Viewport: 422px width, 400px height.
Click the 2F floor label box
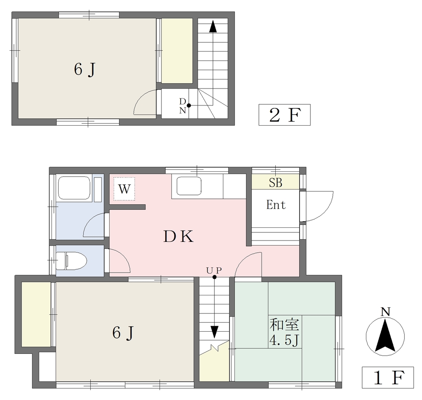pyautogui.click(x=284, y=115)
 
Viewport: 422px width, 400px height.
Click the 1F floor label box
pyautogui.click(x=387, y=377)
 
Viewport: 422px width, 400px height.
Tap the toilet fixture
pyautogui.click(x=71, y=261)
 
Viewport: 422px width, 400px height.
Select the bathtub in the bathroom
pyautogui.click(x=74, y=188)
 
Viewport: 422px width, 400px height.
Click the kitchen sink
pyautogui.click(x=189, y=186)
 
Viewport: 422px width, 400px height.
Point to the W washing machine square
pyautogui.click(x=124, y=189)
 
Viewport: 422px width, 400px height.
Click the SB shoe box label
pyautogui.click(x=276, y=183)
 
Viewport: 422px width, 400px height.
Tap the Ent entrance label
pyautogui.click(x=276, y=205)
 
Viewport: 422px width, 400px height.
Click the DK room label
pyautogui.click(x=178, y=237)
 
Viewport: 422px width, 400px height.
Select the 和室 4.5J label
pyautogui.click(x=284, y=333)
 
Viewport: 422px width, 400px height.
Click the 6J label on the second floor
pyautogui.click(x=85, y=70)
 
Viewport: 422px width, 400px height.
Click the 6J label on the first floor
pyautogui.click(x=123, y=333)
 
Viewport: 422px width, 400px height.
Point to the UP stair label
pyautogui.click(x=214, y=270)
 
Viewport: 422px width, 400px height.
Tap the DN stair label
pyautogui.click(x=183, y=106)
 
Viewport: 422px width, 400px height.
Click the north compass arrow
pyautogui.click(x=385, y=335)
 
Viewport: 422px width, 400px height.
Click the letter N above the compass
pyautogui.click(x=385, y=312)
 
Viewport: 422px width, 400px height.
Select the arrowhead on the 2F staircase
pyautogui.click(x=213, y=26)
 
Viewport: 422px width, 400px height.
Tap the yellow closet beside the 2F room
pyautogui.click(x=177, y=51)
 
